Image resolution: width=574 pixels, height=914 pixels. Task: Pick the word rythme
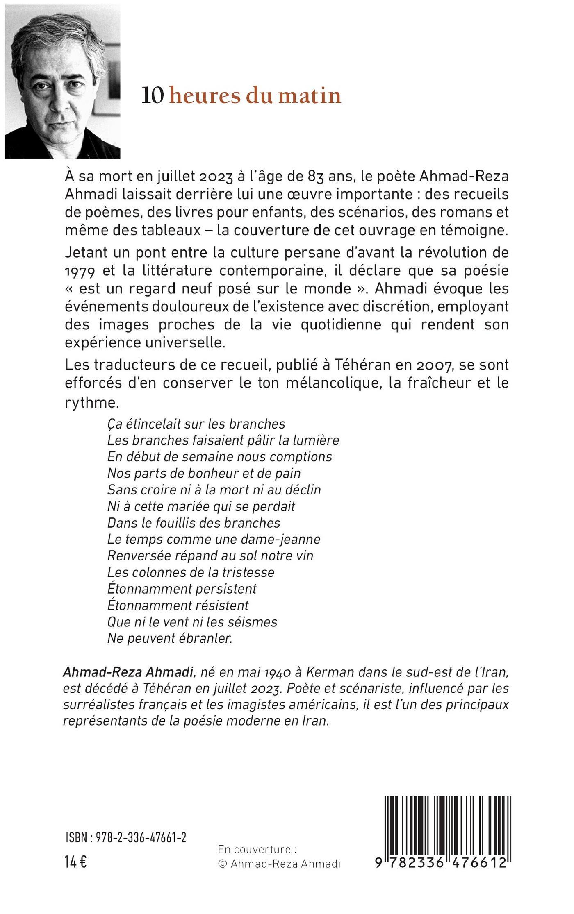click(91, 403)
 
